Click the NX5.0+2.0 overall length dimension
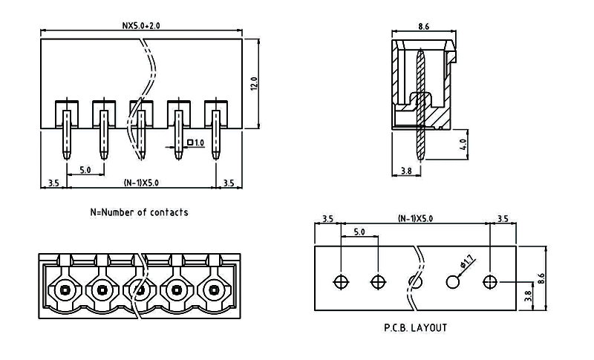point(141,25)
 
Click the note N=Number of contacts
point(139,212)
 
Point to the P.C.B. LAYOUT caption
point(415,327)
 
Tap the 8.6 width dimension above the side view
point(424,26)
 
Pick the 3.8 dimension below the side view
point(406,171)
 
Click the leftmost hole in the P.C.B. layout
point(341,282)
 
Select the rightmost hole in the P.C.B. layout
point(489,282)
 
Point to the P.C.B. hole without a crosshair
point(452,282)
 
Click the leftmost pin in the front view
point(66,134)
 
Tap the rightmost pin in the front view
point(216,134)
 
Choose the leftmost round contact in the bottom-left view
point(65,289)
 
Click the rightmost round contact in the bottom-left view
point(215,289)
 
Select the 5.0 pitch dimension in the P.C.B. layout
point(359,232)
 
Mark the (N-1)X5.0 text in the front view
point(140,182)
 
